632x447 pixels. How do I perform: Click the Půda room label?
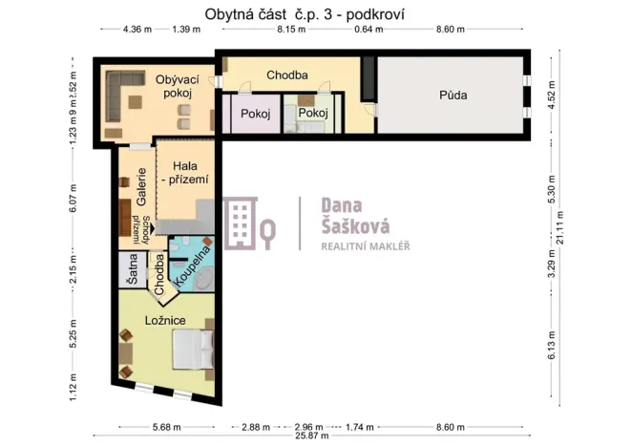[x=453, y=96]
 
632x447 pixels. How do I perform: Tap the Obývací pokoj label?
[x=175, y=87]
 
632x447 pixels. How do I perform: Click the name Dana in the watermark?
[x=336, y=205]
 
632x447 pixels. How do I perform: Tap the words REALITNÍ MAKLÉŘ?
[x=364, y=246]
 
